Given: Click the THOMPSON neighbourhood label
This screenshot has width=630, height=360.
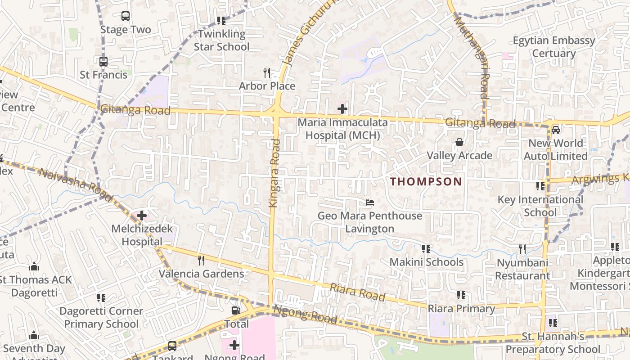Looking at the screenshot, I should pos(426,182).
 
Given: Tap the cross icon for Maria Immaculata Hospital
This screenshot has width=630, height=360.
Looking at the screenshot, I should pos(342,108).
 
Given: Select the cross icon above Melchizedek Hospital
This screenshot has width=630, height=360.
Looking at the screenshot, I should pos(142,216).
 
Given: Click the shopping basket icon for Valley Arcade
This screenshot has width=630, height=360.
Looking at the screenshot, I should pos(459,142).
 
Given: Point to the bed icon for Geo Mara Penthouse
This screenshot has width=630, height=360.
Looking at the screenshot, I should pos(370,202).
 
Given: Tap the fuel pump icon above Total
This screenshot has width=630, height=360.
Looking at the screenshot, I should pos(235,310).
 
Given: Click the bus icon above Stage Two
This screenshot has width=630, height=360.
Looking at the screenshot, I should pos(126,17).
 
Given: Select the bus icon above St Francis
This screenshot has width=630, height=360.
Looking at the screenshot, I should pos(103,62).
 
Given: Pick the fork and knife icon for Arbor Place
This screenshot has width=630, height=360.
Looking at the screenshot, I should pos(267,72).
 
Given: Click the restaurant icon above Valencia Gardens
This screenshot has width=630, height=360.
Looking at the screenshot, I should pos(201,260).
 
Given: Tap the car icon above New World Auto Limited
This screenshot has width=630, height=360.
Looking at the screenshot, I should pos(556,130).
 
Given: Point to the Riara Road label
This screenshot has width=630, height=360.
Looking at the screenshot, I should pos(358,292).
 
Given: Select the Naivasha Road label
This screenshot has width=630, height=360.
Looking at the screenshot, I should pos(76,184).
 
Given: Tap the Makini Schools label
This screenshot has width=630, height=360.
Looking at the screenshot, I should pos(426,262).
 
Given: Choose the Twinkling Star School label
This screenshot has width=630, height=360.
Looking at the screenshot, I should pos(221,40).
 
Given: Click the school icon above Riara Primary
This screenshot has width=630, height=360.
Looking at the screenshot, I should pos(461,295).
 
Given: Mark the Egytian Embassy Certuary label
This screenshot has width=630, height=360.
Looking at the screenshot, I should pos(554,47).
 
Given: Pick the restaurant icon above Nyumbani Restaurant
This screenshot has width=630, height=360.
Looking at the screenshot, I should pos(522,249).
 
